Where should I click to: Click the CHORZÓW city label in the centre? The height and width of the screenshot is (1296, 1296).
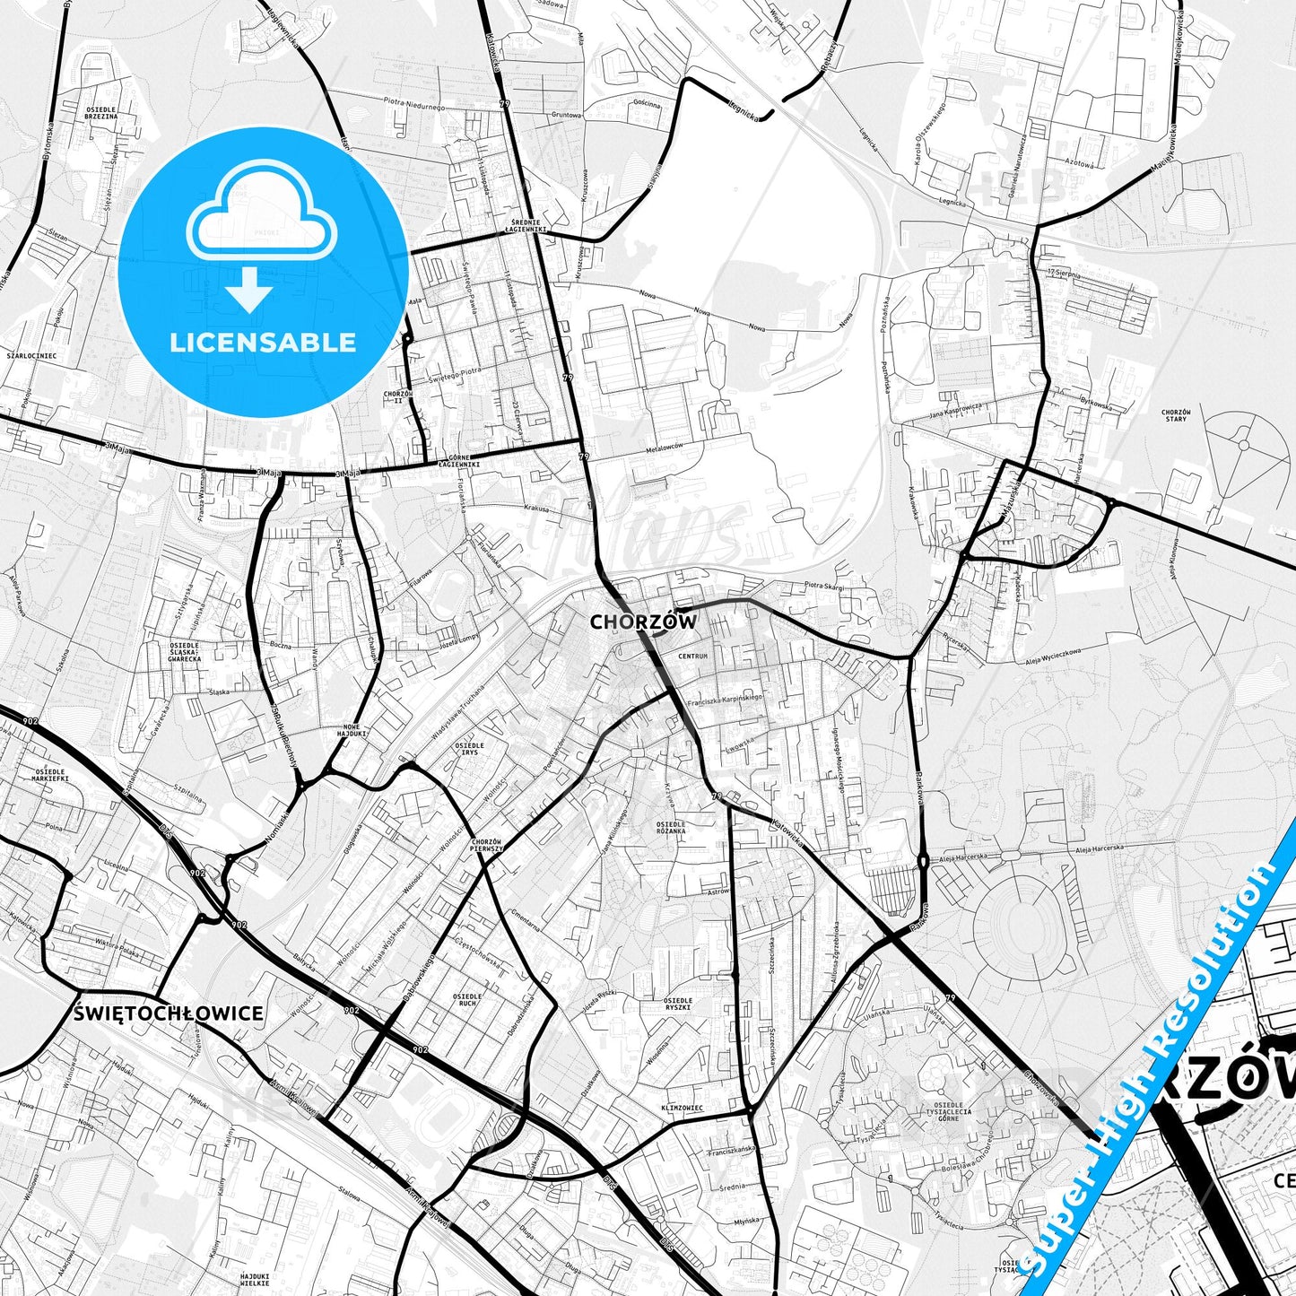click(x=642, y=622)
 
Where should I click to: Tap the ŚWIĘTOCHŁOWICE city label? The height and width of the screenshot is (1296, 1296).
click(x=169, y=1013)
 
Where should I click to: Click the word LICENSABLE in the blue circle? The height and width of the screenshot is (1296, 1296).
click(x=263, y=342)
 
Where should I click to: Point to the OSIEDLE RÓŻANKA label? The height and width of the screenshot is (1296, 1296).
click(x=671, y=827)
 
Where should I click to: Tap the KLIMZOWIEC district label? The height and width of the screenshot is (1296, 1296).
click(x=683, y=1108)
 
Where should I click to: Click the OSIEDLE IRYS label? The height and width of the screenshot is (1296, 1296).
click(x=469, y=748)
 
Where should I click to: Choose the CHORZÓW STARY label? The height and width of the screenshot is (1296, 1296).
click(x=1175, y=414)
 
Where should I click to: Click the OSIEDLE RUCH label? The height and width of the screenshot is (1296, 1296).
click(x=468, y=1000)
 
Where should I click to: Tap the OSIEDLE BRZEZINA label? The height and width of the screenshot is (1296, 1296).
click(x=101, y=112)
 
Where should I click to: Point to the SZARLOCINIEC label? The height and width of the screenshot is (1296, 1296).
click(x=31, y=355)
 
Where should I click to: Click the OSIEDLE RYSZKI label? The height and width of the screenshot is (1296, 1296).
click(x=677, y=1004)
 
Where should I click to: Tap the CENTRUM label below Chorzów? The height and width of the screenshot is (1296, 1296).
click(x=693, y=657)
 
